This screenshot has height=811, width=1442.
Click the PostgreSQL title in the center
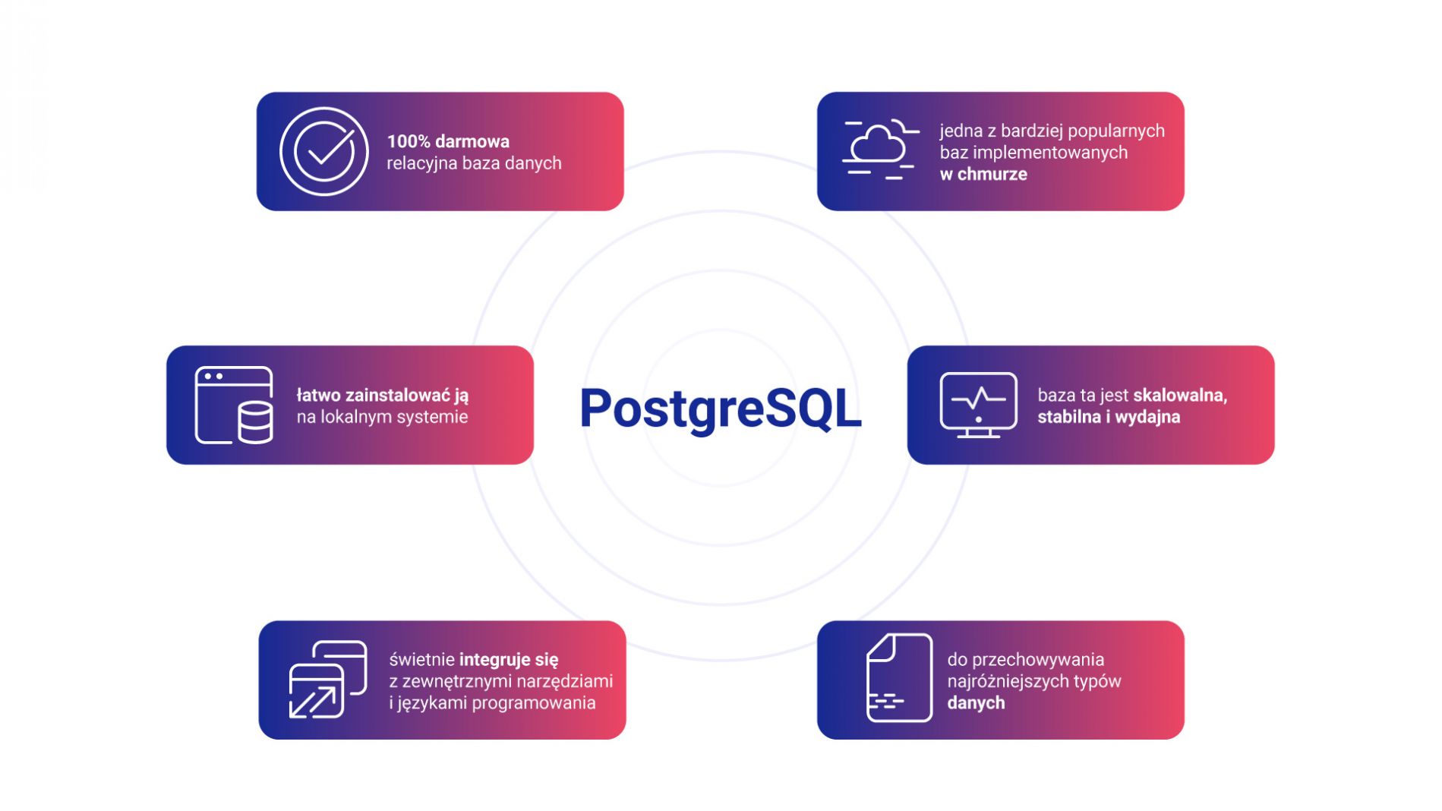click(720, 409)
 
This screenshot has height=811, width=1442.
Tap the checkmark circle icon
click(324, 151)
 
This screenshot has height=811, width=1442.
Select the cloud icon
click(880, 150)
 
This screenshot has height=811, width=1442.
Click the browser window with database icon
click(234, 405)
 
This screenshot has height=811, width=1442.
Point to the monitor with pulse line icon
click(978, 405)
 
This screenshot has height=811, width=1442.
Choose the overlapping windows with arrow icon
click(328, 680)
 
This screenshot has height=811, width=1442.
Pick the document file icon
click(899, 677)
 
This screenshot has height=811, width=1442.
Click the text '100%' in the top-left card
click(409, 141)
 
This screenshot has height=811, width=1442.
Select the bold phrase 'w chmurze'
click(983, 174)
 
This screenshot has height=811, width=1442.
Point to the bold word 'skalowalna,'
click(1180, 395)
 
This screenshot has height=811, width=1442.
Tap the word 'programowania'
click(535, 703)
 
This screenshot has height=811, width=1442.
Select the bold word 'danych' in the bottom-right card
click(976, 703)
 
